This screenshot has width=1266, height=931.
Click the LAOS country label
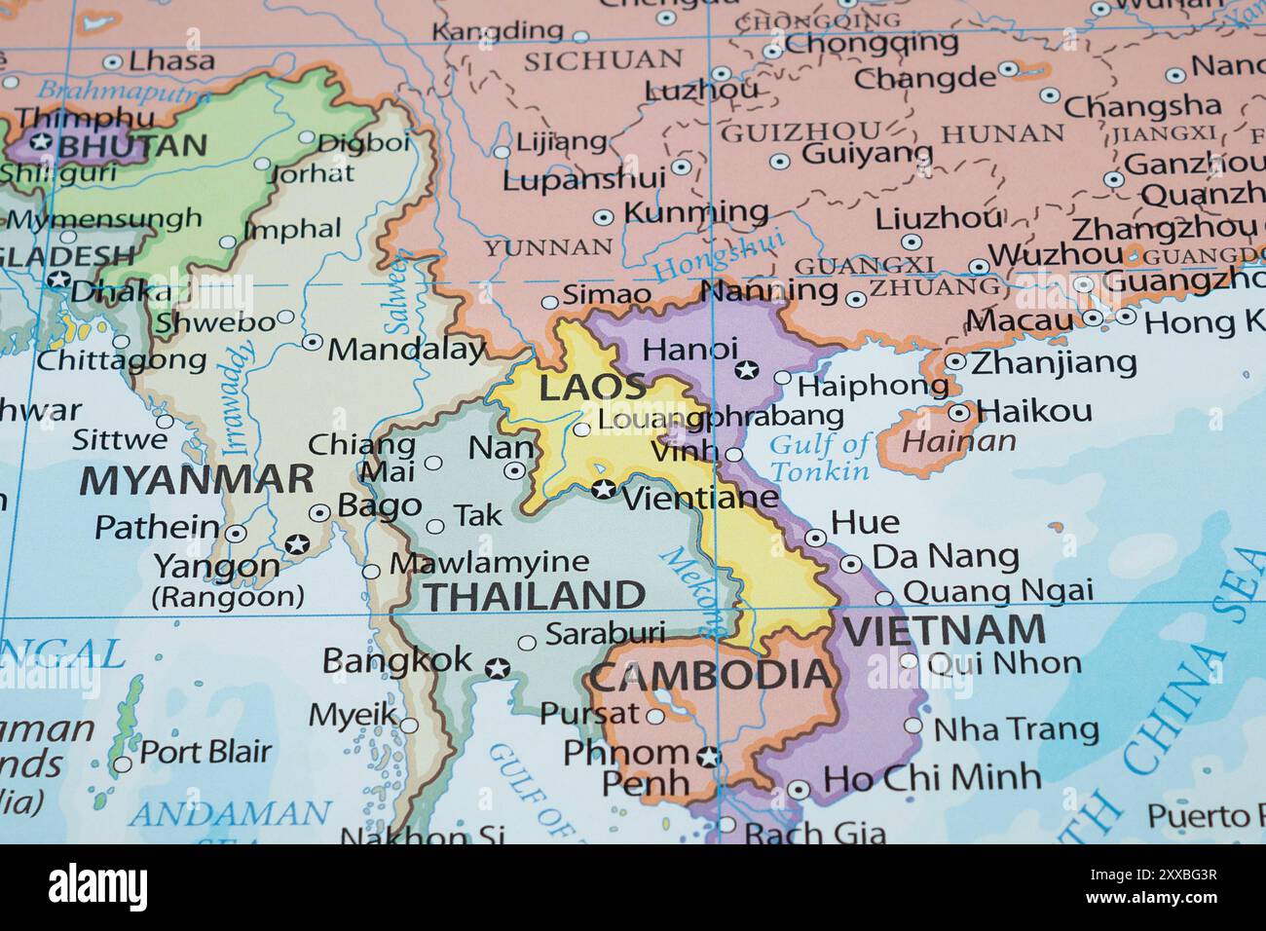(593, 386)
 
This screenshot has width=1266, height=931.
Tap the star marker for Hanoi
(747, 369)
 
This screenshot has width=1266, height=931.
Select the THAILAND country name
(535, 594)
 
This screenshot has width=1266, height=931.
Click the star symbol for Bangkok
(498, 668)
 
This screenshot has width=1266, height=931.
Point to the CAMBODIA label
(712, 674)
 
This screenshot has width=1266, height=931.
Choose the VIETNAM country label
(944, 630)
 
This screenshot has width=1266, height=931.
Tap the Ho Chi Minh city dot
(800, 790)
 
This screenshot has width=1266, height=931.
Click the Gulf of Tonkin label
(820, 458)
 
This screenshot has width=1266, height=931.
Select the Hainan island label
(958, 441)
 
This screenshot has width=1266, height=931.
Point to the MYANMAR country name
(197, 480)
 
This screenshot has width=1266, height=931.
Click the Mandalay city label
(406, 349)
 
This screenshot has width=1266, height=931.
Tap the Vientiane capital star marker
(604, 489)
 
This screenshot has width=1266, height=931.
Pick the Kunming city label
(694, 211)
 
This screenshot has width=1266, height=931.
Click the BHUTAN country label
(133, 146)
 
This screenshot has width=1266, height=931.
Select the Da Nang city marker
(850, 563)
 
